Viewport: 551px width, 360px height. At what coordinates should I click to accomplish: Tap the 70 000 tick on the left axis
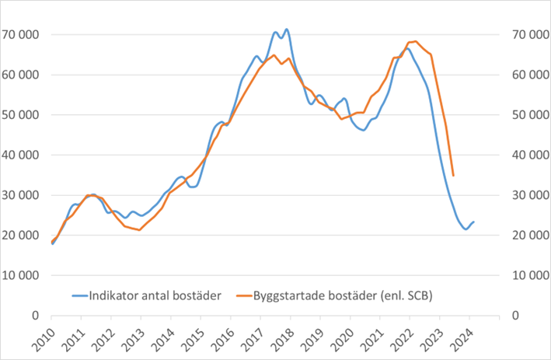point(23,35)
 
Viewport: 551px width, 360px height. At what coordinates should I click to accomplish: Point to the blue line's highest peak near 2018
point(287,30)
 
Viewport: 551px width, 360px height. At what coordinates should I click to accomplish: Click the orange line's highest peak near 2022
point(416,41)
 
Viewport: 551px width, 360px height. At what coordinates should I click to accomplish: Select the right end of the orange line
point(453,176)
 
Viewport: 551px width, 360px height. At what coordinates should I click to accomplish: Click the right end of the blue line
point(474,222)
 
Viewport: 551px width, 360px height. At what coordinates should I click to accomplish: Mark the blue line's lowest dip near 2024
point(466,229)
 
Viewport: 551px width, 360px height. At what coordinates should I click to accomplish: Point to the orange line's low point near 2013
point(139,230)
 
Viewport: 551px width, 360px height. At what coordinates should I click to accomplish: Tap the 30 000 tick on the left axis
point(23,195)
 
